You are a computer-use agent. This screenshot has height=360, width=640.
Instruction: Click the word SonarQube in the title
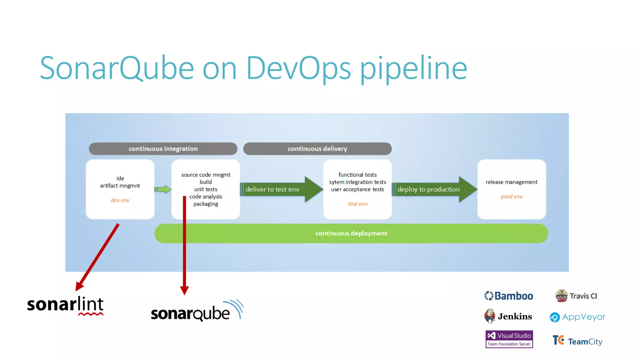(x=117, y=68)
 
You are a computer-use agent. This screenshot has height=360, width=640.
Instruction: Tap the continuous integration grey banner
(x=163, y=149)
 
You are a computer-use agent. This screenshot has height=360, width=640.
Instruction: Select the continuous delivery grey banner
(x=317, y=149)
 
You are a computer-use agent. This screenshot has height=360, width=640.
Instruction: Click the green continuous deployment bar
(x=351, y=233)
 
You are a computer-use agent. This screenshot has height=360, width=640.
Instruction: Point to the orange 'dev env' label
(x=120, y=200)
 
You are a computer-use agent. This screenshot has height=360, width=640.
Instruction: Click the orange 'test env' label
(x=358, y=204)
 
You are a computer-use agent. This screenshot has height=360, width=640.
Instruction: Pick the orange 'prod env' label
(x=512, y=197)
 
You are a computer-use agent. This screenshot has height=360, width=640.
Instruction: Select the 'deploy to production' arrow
(x=431, y=189)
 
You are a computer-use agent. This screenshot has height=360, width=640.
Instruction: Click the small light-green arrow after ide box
(x=163, y=189)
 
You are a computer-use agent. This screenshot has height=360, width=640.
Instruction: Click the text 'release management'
(x=512, y=182)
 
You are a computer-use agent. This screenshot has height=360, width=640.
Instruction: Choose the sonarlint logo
(x=65, y=305)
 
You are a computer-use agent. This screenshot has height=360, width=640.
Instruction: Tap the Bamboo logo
(x=509, y=296)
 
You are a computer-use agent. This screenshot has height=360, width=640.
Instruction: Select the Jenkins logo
(x=508, y=317)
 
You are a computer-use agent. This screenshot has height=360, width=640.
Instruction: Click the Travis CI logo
(x=576, y=296)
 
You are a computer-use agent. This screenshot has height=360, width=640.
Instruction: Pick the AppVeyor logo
(x=577, y=317)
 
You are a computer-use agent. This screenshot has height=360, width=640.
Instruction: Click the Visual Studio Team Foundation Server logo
(x=509, y=339)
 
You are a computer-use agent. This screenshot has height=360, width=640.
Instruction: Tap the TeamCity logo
(x=577, y=341)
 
